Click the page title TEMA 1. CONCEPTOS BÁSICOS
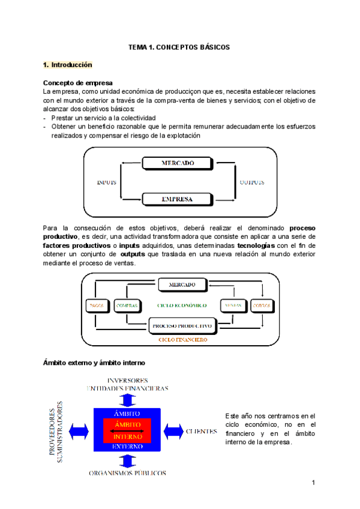(180, 47)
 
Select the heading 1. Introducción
(68, 64)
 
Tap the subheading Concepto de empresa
(78, 82)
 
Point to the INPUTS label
(106, 182)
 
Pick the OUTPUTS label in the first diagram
(252, 182)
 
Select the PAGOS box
(96, 305)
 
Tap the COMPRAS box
(127, 305)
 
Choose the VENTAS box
(233, 305)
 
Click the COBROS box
(262, 305)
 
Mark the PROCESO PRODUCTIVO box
(182, 327)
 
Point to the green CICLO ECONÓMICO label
(182, 305)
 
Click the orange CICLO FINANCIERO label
(183, 340)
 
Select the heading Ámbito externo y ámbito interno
(94, 363)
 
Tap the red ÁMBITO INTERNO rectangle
(127, 430)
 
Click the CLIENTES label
(202, 431)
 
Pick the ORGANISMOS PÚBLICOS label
(127, 473)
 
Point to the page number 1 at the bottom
(313, 483)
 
